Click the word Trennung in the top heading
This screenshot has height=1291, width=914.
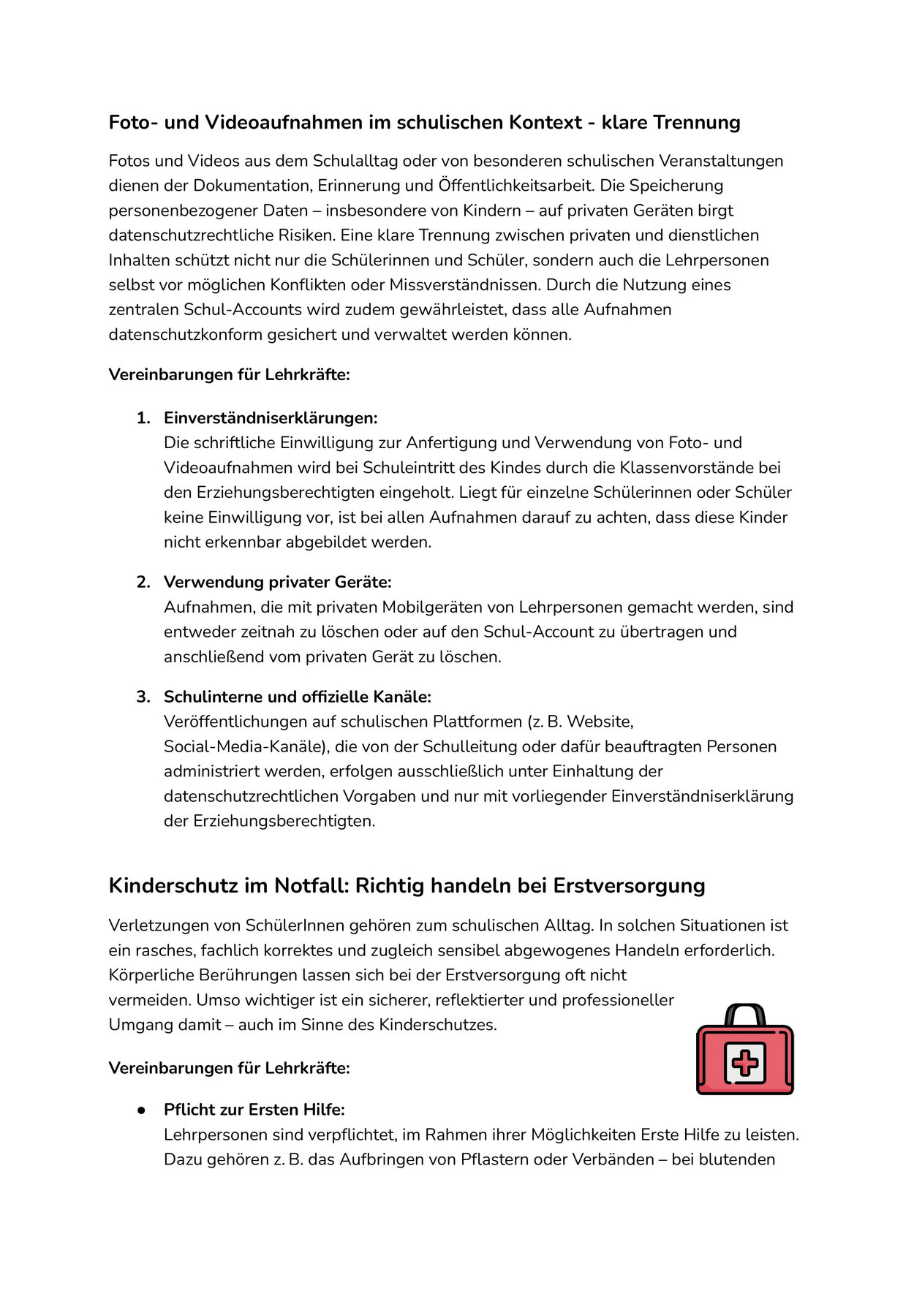click(x=695, y=122)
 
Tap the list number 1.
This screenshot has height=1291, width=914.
click(x=143, y=418)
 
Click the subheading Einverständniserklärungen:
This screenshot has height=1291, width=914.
click(x=271, y=418)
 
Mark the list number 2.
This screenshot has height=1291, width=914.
click(x=143, y=582)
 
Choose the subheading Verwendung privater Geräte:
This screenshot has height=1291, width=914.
click(x=278, y=582)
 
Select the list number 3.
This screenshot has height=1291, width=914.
click(x=143, y=697)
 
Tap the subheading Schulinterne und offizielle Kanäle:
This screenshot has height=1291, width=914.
click(x=298, y=697)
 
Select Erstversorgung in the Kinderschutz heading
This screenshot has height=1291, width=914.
click(x=629, y=886)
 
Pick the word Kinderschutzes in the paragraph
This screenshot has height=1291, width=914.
click(x=437, y=1025)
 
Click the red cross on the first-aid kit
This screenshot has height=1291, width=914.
click(x=745, y=1062)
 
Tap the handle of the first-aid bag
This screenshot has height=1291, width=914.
click(x=744, y=1013)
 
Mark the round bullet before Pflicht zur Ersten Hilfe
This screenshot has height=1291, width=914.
click(x=142, y=1110)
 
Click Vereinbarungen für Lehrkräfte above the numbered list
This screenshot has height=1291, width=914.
click(x=229, y=375)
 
